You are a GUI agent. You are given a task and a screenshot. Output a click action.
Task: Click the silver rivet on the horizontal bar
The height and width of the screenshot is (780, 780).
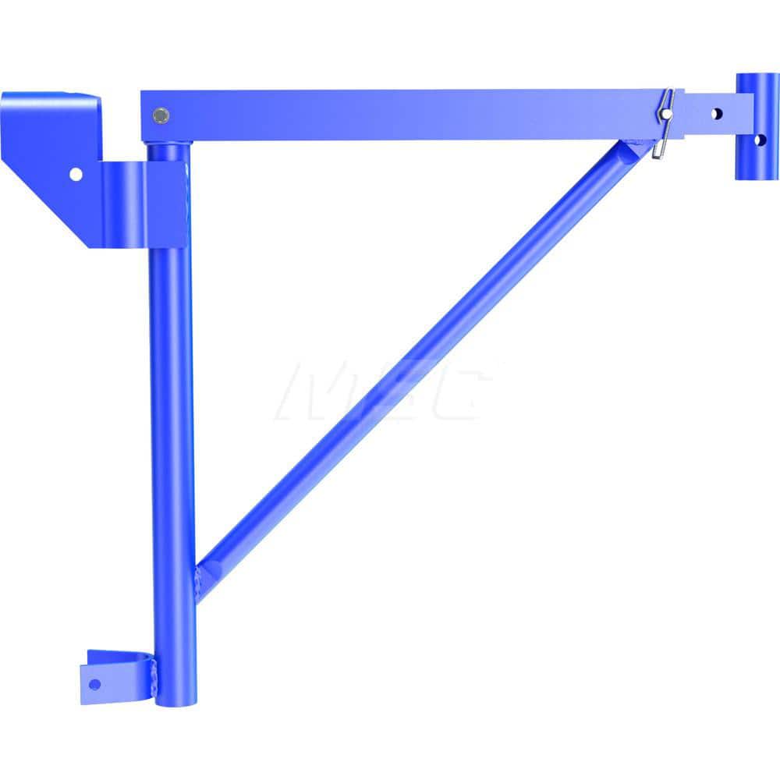(x=161, y=115)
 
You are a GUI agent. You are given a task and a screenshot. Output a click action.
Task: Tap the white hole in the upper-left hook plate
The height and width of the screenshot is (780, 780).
(x=76, y=174)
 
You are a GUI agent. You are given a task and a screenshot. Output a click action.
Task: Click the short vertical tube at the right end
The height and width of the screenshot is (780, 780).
(x=757, y=126)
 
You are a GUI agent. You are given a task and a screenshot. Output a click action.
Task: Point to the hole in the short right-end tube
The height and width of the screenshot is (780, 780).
(x=759, y=140)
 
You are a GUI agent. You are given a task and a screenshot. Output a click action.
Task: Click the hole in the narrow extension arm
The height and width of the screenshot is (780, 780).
(x=717, y=114)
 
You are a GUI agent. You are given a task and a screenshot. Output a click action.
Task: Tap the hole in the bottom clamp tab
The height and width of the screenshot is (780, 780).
(x=94, y=684)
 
